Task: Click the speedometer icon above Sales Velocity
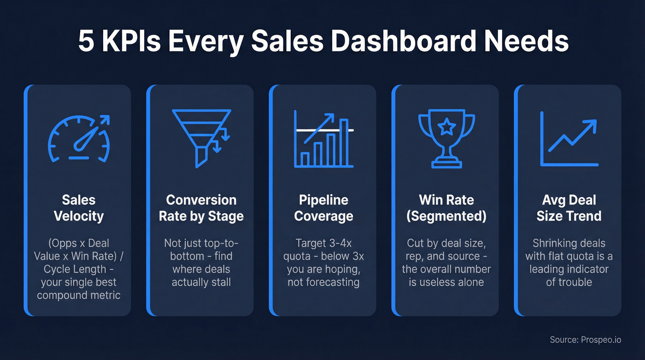click(79, 138)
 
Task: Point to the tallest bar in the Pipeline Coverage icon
click(343, 143)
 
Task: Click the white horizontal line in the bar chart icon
click(324, 130)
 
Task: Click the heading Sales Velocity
click(79, 208)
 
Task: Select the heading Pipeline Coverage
click(324, 208)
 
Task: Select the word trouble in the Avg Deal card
click(569, 282)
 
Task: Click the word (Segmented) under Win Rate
click(446, 216)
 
